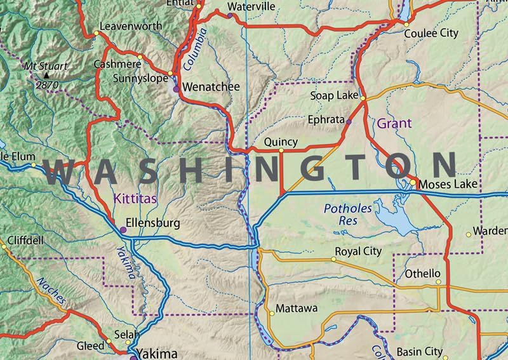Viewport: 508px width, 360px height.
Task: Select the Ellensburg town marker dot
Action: click(x=123, y=230)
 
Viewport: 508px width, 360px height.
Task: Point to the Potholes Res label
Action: click(x=343, y=214)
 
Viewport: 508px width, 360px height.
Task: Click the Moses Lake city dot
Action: click(x=413, y=183)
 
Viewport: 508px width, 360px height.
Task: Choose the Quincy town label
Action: click(x=280, y=142)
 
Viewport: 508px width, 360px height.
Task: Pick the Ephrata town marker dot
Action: click(x=349, y=120)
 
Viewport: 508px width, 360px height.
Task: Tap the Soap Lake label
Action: click(x=334, y=95)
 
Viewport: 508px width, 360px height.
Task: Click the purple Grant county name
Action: click(x=394, y=123)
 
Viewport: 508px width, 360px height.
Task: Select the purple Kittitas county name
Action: click(x=135, y=199)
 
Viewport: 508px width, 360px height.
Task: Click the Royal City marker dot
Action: click(x=334, y=259)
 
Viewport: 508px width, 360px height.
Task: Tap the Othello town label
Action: click(x=423, y=274)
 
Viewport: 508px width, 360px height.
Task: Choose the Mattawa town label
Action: click(x=297, y=310)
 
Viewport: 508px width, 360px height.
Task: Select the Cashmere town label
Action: click(x=117, y=64)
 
